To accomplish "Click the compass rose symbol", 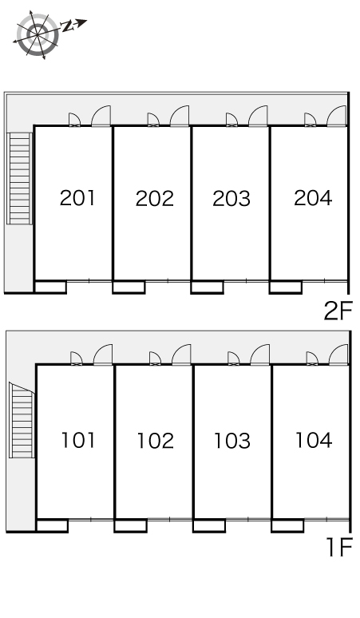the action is point(38,35).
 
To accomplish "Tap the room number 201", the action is point(77,198).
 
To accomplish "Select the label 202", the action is point(154,198).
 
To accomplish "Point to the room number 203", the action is point(231,198).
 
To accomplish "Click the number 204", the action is point(313,198).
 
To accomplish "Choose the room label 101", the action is point(78,440).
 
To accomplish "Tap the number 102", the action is point(155,441).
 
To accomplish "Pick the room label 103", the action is point(232,441).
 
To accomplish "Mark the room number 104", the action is point(314,440).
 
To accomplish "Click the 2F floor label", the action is point(338,311).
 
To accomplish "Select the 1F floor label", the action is point(339,548).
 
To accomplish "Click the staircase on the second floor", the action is point(20,179).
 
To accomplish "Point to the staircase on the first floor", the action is point(22,420).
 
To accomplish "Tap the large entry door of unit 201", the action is point(101,117).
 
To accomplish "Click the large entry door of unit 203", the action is point(258,117).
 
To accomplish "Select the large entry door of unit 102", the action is point(181,355).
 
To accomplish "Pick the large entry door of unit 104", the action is point(338,355).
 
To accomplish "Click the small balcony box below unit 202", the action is point(129,287).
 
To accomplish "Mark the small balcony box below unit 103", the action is point(209,525).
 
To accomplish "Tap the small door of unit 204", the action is point(311,120).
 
